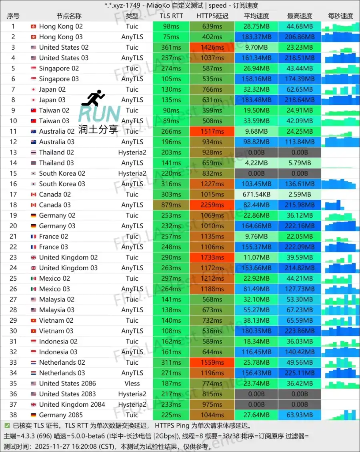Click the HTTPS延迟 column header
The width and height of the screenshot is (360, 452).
click(212, 16)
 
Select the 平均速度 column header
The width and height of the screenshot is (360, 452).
click(256, 16)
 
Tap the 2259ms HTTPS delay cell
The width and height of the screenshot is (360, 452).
click(212, 205)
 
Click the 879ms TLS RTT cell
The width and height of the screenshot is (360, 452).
click(171, 205)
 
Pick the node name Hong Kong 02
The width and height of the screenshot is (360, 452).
click(61, 26)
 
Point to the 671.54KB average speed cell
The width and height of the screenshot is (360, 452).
click(256, 195)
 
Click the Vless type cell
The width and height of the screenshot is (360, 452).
click(132, 384)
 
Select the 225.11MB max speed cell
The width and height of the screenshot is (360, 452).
click(300, 373)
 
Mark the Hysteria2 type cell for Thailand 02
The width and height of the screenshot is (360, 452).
click(132, 153)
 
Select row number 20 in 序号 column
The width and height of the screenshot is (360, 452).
click(13, 226)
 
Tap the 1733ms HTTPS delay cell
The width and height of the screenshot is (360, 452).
click(212, 257)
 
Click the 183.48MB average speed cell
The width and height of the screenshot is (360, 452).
click(256, 100)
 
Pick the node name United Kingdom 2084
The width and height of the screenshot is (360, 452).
click(72, 404)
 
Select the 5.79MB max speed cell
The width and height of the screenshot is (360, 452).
click(300, 163)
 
